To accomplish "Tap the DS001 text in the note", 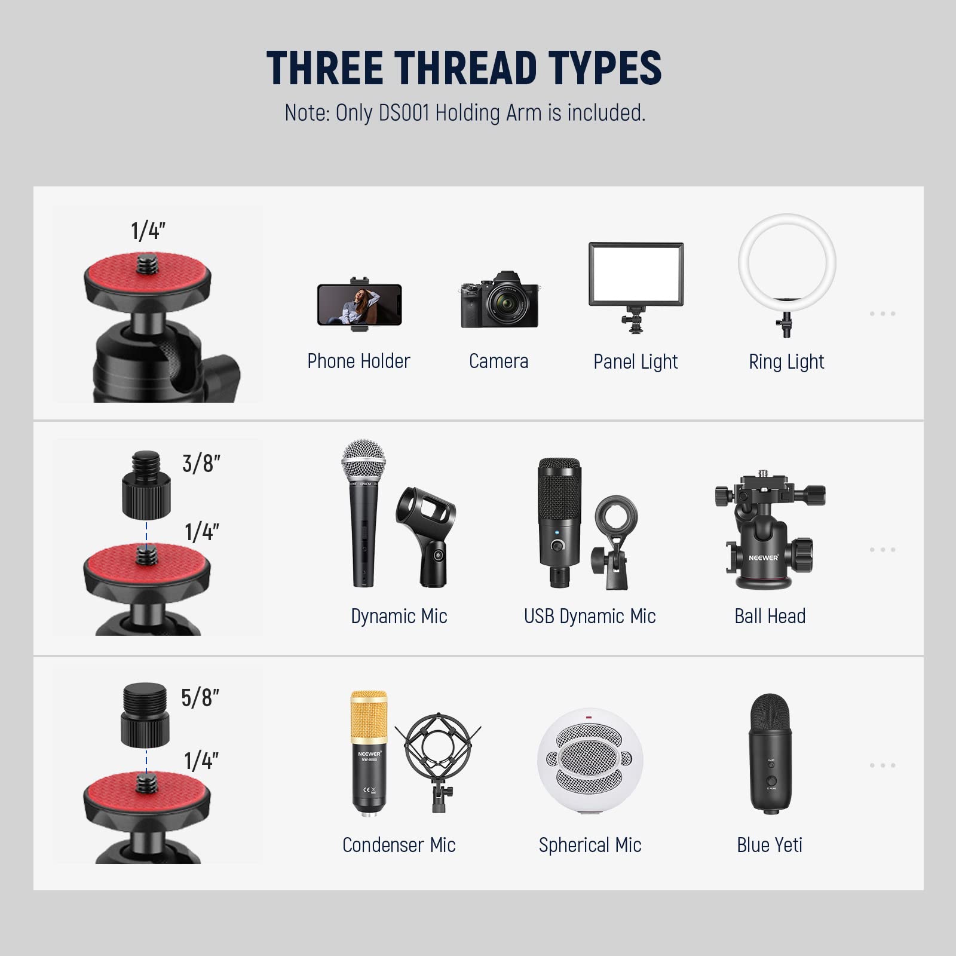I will coord(405,113).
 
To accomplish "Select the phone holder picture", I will coord(359,304).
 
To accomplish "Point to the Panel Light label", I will coord(635,361).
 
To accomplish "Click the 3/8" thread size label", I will coord(201,464).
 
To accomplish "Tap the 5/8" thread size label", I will coord(200,698).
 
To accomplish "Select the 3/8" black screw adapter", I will coord(146,485).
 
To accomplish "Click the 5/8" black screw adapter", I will coord(145,716).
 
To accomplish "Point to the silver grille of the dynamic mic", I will coord(363,460).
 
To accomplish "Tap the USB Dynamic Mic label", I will coord(590,616).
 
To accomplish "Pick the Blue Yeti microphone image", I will coord(770,753).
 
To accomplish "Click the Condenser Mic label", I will coord(399,845).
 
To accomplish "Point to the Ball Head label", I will coord(770,616).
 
